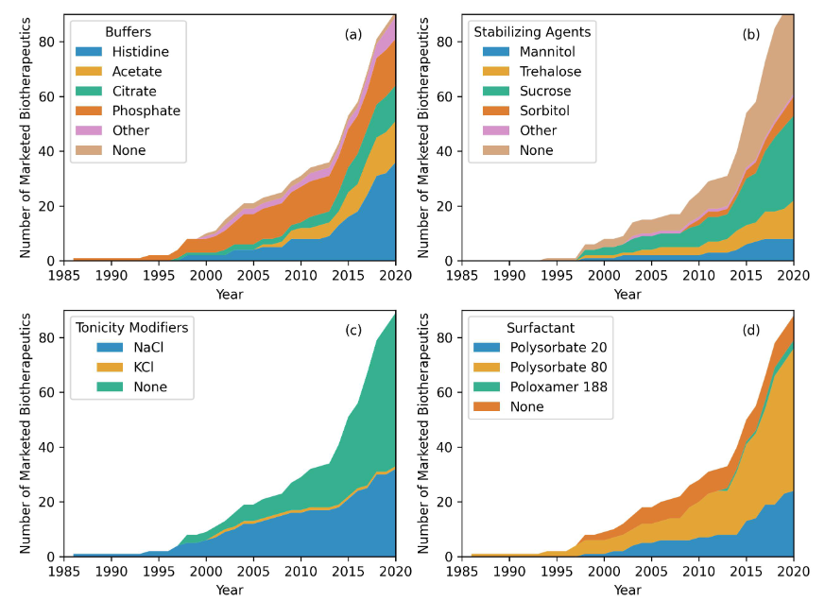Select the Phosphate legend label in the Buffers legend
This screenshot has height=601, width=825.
pos(146,111)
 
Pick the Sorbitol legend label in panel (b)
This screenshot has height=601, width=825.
pos(541,111)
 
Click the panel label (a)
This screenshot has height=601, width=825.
pos(352,34)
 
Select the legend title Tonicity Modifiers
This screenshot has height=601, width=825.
pos(132,327)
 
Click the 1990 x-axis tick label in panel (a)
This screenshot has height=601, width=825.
pos(112,276)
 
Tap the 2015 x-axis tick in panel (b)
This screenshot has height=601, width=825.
pos(746,276)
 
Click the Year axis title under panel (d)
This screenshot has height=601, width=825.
pos(627,590)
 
